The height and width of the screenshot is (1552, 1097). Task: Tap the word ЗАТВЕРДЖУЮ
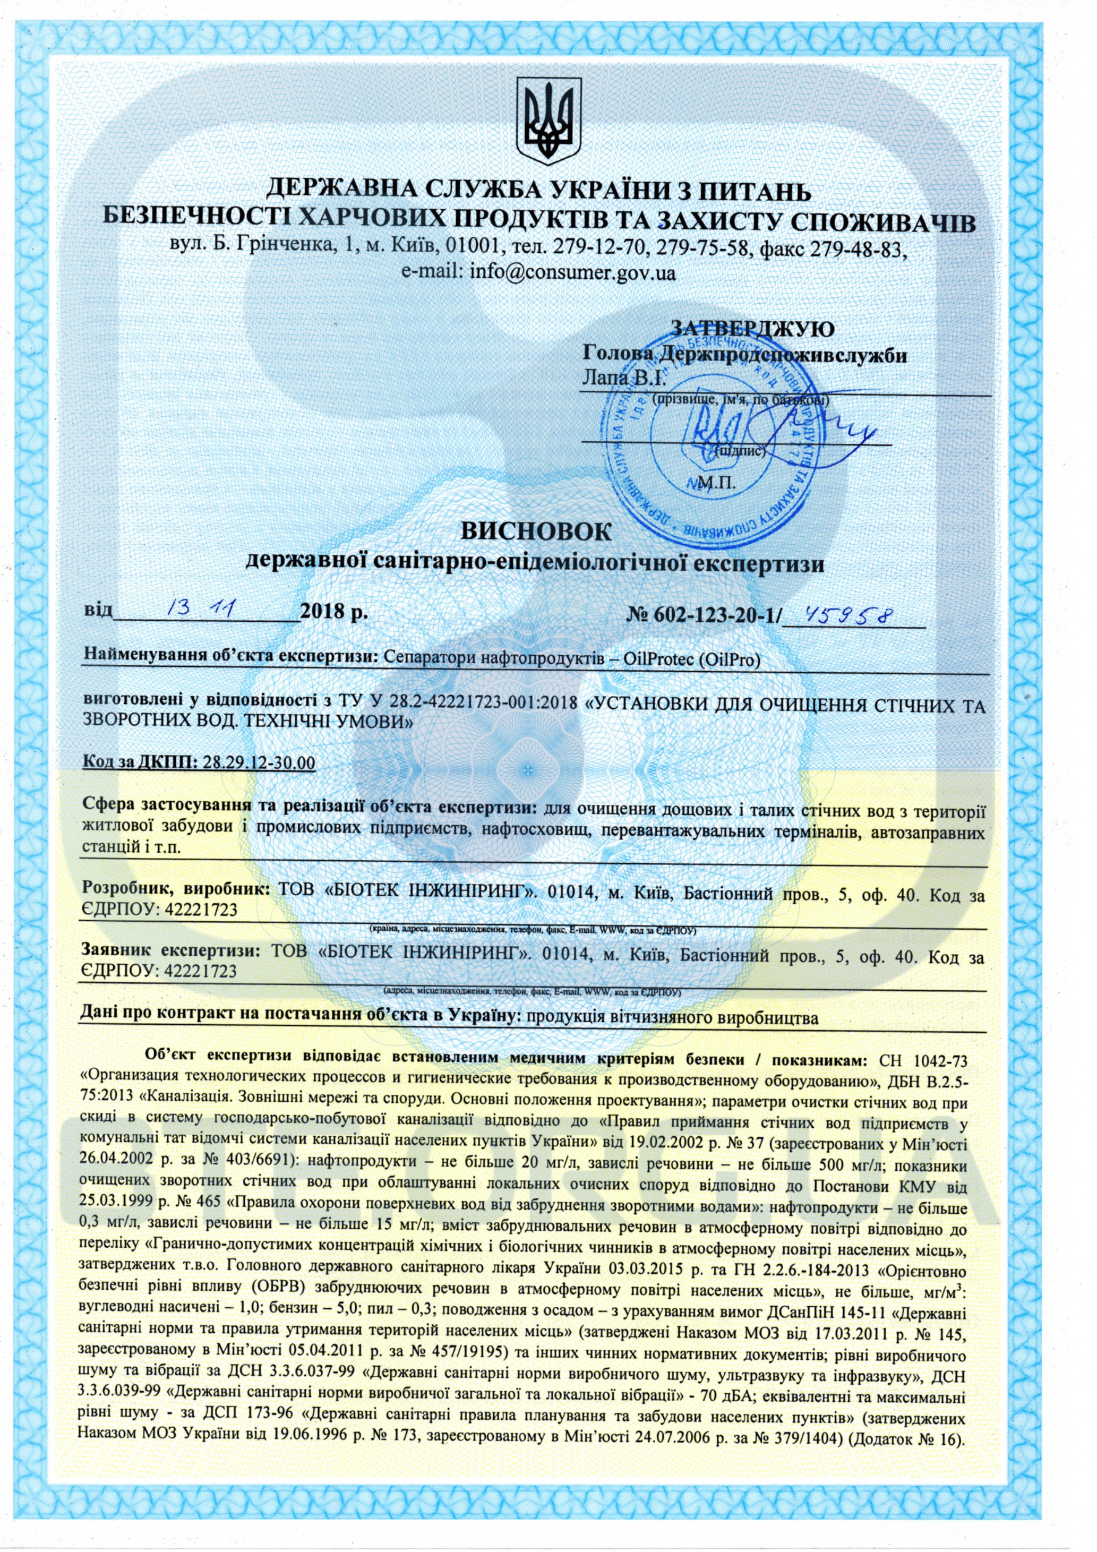(752, 329)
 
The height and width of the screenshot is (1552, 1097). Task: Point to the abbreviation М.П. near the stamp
(718, 483)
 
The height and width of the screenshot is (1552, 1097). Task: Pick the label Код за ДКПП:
(138, 763)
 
